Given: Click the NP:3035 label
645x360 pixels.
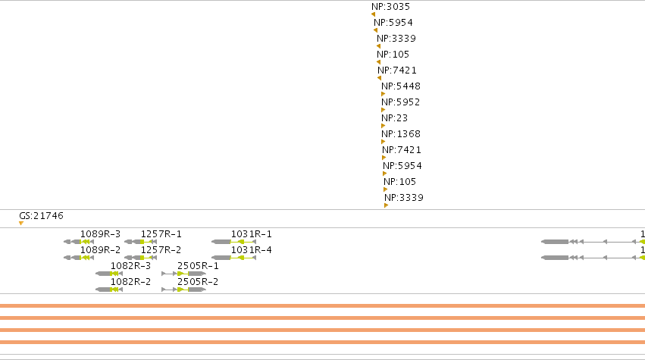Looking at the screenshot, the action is coord(390,7).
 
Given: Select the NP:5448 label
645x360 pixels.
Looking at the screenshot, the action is coord(401,86).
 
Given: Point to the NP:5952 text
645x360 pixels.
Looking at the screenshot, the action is coord(401,102).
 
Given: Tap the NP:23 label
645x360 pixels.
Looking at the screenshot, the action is coord(394,118).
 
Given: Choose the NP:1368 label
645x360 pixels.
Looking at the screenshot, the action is coord(401,134).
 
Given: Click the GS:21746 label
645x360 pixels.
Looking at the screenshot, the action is coord(41,216).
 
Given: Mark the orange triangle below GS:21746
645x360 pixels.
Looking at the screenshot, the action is coord(21,223).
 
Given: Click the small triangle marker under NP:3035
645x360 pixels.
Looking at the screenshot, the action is coord(373,14).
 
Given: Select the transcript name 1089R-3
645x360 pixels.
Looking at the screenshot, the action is coord(100,234).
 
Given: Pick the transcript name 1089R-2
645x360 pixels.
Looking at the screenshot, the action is coord(100,250).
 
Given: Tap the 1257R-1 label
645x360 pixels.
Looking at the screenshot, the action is coord(161,234).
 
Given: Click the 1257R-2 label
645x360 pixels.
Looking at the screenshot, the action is coord(161,250).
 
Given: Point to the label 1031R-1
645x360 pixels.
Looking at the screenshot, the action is coord(252,234).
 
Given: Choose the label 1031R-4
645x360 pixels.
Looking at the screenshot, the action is coord(252,250).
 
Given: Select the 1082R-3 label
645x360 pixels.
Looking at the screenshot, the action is coord(130,266).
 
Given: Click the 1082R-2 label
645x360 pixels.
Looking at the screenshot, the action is coord(130,282).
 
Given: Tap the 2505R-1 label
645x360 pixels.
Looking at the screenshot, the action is coord(198,266).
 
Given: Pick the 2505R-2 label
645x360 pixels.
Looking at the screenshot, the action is coord(198,282).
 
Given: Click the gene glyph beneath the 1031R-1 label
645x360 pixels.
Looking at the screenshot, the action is coord(233,242).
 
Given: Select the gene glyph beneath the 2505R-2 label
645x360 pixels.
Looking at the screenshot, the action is coord(184,290).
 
